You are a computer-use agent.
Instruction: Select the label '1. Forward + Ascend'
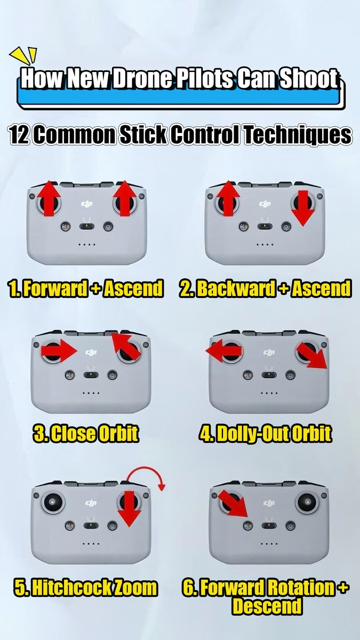pyautogui.click(x=85, y=289)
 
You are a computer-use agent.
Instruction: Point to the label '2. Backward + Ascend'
pyautogui.click(x=265, y=289)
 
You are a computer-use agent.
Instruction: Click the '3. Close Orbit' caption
pyautogui.click(x=85, y=433)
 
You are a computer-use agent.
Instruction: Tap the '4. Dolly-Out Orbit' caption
pyautogui.click(x=266, y=433)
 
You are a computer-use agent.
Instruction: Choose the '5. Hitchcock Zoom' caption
pyautogui.click(x=85, y=587)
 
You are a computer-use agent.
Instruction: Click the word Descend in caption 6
pyautogui.click(x=267, y=606)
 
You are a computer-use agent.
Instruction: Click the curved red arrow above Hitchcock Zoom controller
pyautogui.click(x=145, y=468)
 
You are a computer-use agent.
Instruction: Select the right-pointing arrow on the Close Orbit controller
pyautogui.click(x=59, y=350)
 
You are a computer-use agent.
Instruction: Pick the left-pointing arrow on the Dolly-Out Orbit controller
pyautogui.click(x=223, y=350)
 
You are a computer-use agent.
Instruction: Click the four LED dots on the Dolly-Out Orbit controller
pyautogui.click(x=269, y=393)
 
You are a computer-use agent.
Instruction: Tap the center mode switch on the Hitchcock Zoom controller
pyautogui.click(x=91, y=526)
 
